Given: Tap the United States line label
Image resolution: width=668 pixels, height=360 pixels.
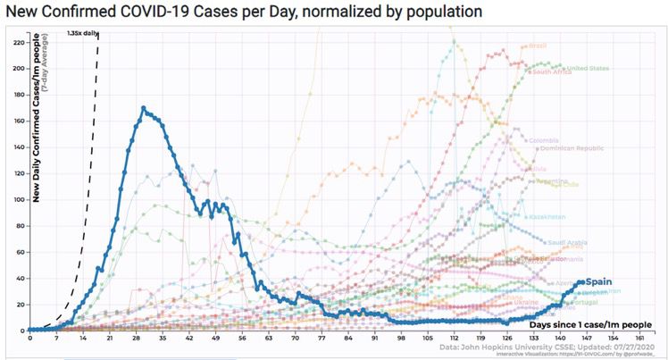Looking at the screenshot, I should tap(587, 67).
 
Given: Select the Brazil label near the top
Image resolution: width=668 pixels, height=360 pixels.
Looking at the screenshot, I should tap(539, 46).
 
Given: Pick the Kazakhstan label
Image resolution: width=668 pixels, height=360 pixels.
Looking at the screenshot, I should tap(547, 217).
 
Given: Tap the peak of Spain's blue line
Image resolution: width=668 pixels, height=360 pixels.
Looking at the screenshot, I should tap(143, 108).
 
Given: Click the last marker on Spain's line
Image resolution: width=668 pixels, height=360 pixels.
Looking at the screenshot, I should tap(582, 282).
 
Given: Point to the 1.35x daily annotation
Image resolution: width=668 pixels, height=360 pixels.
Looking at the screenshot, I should tap(80, 33).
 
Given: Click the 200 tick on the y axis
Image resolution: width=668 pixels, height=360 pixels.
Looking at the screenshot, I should tap(18, 68).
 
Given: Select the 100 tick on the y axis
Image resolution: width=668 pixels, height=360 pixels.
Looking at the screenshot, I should tap(18, 199).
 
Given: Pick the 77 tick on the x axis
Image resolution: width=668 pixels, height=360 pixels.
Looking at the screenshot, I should tap(321, 339).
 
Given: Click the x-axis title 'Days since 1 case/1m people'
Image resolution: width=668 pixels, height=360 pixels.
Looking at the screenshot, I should tap(589, 324).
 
